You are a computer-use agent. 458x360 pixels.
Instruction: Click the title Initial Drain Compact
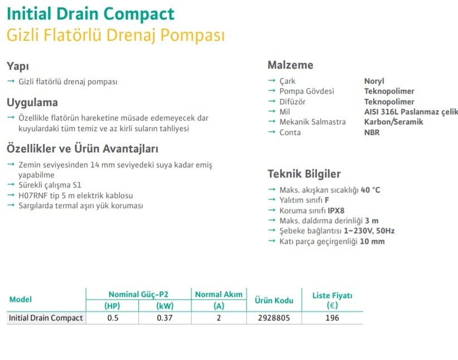click(x=90, y=13)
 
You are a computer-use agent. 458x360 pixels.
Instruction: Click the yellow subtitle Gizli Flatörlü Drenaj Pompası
click(x=115, y=35)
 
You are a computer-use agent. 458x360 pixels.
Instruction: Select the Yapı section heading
click(x=18, y=66)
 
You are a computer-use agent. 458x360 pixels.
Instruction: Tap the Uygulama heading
click(x=32, y=103)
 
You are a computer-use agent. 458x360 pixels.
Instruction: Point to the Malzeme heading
click(x=290, y=65)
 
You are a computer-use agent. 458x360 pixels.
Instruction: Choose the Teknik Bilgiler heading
click(x=304, y=174)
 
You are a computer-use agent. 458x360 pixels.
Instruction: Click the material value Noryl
click(x=374, y=81)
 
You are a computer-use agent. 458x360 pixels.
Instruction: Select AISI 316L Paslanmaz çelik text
click(x=411, y=112)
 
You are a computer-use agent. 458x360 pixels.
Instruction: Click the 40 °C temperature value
click(x=370, y=190)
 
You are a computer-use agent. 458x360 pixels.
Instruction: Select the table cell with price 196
click(x=332, y=318)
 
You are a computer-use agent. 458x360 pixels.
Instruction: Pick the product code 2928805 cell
click(x=274, y=318)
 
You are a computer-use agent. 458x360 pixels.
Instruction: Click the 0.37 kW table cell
click(x=163, y=318)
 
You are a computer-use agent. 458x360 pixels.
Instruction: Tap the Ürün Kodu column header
click(x=274, y=300)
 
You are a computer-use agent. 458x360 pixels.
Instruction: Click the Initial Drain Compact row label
click(x=46, y=318)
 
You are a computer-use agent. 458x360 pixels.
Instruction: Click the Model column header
click(x=21, y=300)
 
